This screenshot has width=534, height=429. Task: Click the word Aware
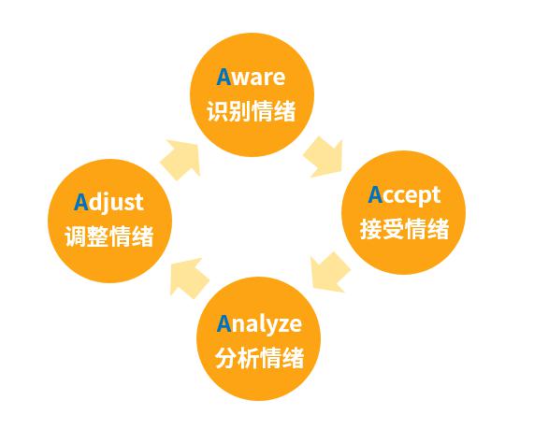point(251,77)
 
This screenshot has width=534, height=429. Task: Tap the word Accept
point(404,195)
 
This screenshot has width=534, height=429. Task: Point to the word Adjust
point(108,203)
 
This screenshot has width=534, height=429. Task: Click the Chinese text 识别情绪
point(251,110)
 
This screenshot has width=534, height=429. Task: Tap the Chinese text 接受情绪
point(404,228)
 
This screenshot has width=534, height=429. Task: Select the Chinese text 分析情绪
point(259,357)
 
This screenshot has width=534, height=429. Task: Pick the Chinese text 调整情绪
point(109,236)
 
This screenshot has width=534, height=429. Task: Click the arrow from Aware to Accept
point(324,157)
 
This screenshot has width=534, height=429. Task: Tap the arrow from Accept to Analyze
point(330,272)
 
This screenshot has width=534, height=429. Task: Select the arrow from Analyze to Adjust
point(189,279)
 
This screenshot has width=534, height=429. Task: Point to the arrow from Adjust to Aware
point(180,159)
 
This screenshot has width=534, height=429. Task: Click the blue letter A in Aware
point(224,77)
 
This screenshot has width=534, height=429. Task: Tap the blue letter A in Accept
point(375,194)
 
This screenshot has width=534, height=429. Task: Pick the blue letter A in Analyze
point(224,323)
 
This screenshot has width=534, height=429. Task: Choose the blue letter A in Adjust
point(81,202)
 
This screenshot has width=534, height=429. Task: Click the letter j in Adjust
point(106,205)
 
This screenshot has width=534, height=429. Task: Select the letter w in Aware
point(240,79)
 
